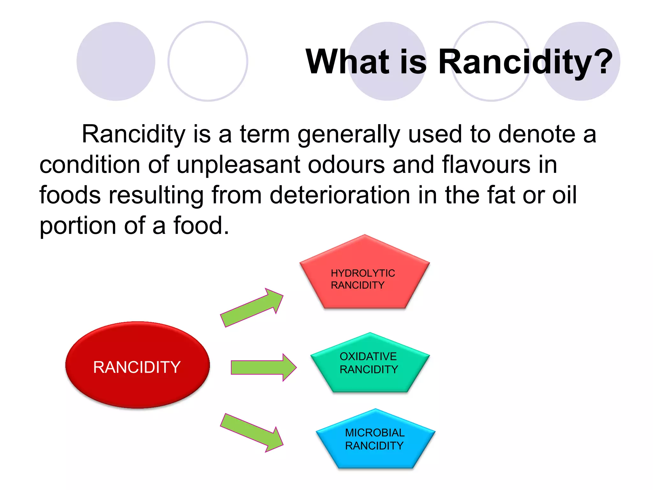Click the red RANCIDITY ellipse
tap(137, 365)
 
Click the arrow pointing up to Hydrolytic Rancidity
tap(252, 308)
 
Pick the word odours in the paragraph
tap(346, 165)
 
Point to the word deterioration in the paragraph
tap(340, 195)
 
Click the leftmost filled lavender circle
tap(116, 61)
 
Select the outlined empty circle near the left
tap(208, 61)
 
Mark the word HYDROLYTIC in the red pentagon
tap(363, 273)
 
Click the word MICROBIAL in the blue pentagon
tap(375, 433)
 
